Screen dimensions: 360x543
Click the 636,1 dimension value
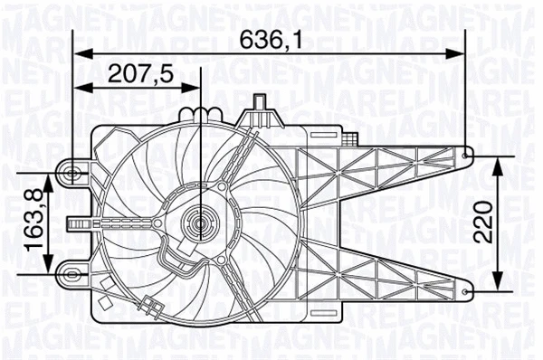coord(270,39)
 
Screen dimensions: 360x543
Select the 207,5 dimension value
coord(140,73)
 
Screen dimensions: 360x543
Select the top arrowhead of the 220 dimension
coord(497,161)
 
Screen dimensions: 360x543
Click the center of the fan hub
coord(198,219)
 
